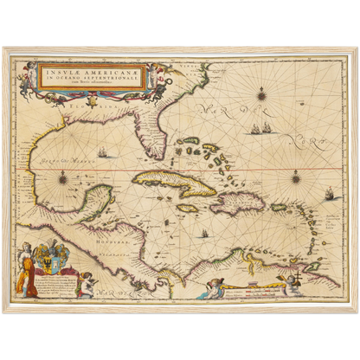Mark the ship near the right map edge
pos(330,194)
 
